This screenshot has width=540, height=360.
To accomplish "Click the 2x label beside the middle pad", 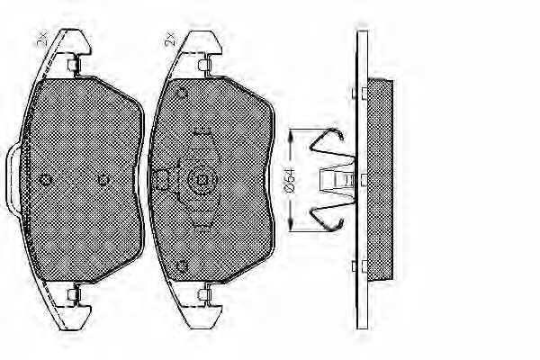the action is [170, 40].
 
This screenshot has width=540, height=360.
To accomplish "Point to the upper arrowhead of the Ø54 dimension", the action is [292, 135].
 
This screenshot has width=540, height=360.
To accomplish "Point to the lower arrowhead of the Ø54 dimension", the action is [292, 225].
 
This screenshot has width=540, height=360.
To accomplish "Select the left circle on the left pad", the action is [46, 180].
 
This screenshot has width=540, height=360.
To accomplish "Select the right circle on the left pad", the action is [103, 180].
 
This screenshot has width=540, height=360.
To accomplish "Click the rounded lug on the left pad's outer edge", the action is [13, 179].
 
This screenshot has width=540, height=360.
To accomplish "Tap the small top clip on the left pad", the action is [74, 65].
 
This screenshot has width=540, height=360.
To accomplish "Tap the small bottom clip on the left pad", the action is [74, 294].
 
